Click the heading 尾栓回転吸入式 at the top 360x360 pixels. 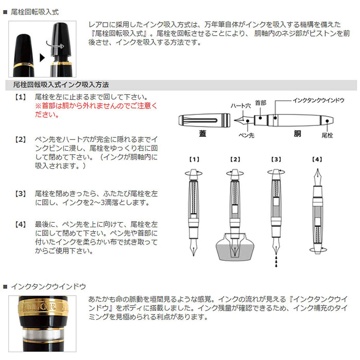click(x=35, y=11)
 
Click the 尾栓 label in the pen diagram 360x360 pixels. click(x=327, y=135)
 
